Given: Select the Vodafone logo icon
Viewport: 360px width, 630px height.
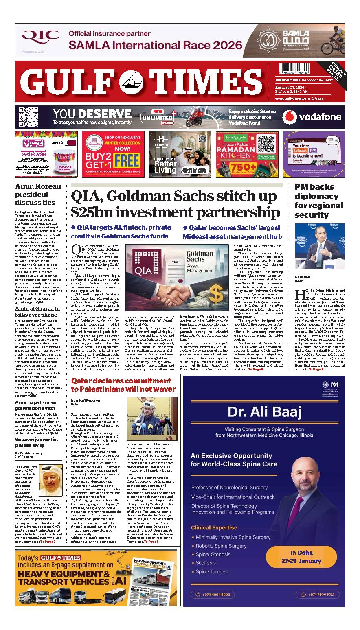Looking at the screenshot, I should (x=290, y=117).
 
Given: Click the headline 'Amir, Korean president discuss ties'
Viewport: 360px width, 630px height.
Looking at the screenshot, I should (x=38, y=194).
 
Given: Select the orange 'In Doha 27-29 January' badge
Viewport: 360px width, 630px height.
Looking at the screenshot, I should (x=301, y=557).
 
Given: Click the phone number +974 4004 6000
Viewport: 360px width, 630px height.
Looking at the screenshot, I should (x=216, y=594).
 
